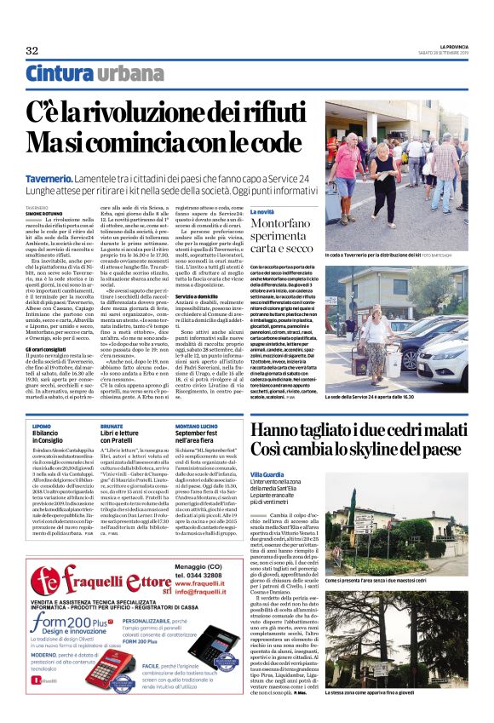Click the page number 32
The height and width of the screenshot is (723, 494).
pos(32,51)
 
